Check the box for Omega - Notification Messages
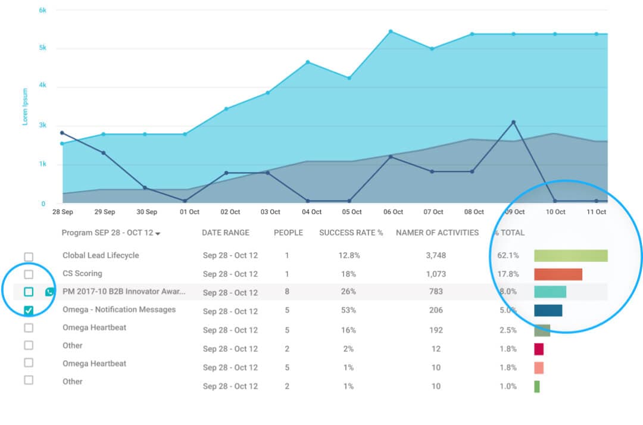point(29,310)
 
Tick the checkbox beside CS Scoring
point(29,274)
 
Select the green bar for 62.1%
point(570,255)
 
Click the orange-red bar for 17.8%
point(558,274)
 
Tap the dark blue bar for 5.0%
point(548,310)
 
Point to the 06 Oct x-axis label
point(393,212)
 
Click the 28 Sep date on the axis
point(63,212)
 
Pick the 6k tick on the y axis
point(43,10)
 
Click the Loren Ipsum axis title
point(25,107)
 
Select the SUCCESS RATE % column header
point(351,233)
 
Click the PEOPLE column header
point(288,233)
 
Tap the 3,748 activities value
point(436,255)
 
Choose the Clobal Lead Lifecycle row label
point(101,255)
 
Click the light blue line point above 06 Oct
point(391,32)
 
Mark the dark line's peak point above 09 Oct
point(513,122)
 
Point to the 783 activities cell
point(436,292)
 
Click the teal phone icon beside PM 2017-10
point(50,292)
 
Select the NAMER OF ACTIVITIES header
point(437,233)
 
